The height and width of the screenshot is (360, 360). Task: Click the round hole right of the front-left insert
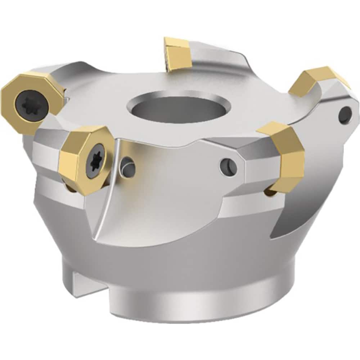[127, 166]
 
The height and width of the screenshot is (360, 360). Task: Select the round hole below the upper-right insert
[346, 115]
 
